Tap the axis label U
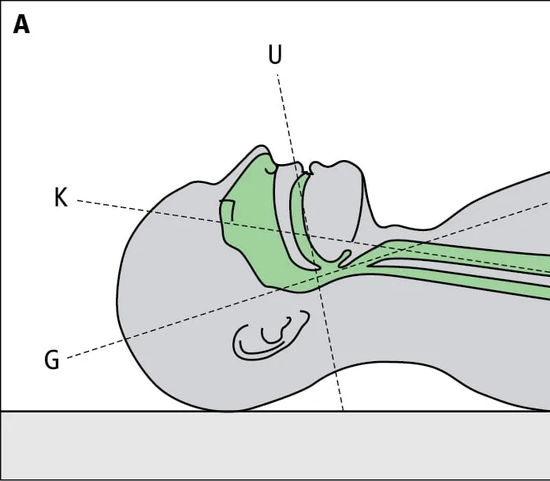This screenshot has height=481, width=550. (x=275, y=55)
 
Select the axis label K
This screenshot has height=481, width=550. (x=61, y=197)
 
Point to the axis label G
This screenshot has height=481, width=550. (x=52, y=360)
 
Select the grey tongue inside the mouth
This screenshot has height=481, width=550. (x=331, y=213)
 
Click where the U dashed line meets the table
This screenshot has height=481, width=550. (x=343, y=411)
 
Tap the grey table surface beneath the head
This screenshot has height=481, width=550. (x=236, y=446)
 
